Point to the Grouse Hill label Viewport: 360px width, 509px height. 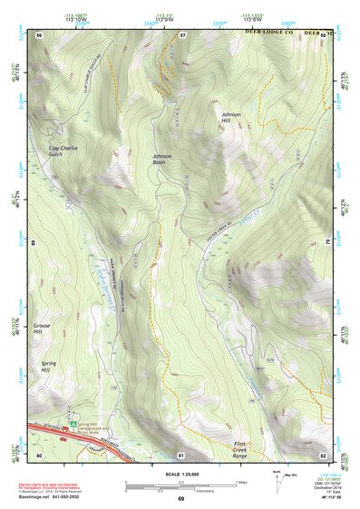[43, 328]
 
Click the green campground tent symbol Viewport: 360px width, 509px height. [75, 423]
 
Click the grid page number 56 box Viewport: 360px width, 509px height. [40, 34]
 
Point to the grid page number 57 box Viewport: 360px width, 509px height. [182, 34]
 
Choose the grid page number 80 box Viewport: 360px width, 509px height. [39, 453]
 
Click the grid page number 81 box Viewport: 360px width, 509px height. [181, 453]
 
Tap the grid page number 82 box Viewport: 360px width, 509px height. [323, 453]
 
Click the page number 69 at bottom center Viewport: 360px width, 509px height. [180, 499]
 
